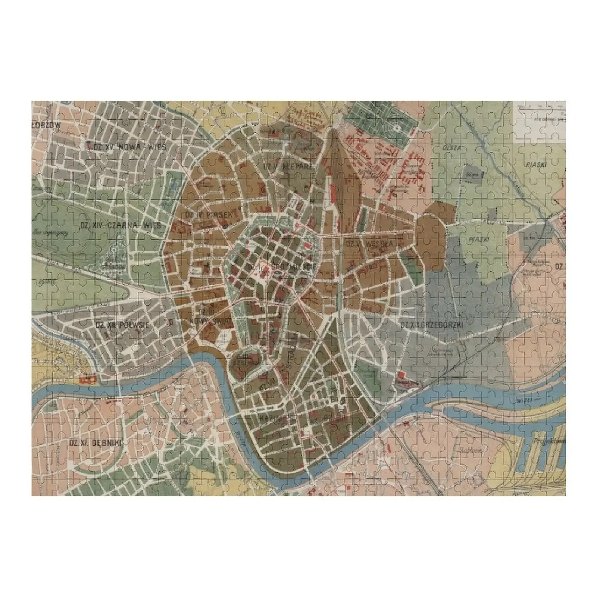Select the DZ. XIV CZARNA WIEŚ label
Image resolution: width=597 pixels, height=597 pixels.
click(121, 225)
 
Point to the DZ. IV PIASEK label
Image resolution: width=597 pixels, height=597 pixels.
click(209, 215)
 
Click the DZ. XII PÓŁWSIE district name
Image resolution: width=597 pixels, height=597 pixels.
click(122, 325)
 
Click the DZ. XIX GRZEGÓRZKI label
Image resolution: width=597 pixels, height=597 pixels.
click(432, 325)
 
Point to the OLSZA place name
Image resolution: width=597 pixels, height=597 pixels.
click(452, 148)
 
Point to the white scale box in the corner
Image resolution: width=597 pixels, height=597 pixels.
click(540, 121)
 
